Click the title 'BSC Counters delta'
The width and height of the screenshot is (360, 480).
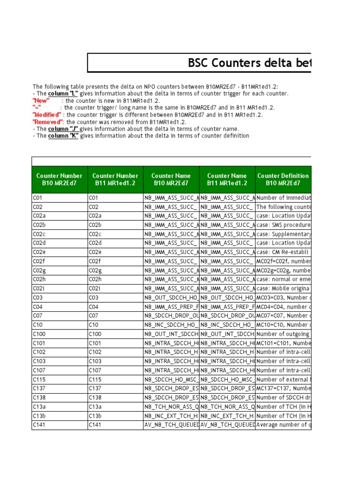[248, 63]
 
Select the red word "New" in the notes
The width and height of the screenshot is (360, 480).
[41, 100]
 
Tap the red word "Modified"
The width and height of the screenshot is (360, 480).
[47, 114]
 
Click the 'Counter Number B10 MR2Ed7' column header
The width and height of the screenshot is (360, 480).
[60, 180]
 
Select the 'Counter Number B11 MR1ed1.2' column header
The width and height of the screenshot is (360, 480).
[115, 180]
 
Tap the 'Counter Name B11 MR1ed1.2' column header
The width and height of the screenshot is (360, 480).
[227, 180]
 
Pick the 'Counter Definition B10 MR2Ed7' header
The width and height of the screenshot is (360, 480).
[283, 180]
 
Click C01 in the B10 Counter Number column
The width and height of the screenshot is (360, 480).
[38, 198]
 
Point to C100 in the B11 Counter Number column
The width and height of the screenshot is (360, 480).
[96, 334]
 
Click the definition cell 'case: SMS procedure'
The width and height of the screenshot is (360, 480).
[283, 225]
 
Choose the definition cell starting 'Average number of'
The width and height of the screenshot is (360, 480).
[283, 425]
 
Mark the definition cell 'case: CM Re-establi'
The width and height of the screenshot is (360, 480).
[283, 252]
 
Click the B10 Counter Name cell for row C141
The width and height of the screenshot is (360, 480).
[171, 425]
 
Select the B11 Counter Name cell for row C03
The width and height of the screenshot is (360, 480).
[227, 298]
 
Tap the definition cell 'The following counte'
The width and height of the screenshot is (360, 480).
[283, 207]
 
